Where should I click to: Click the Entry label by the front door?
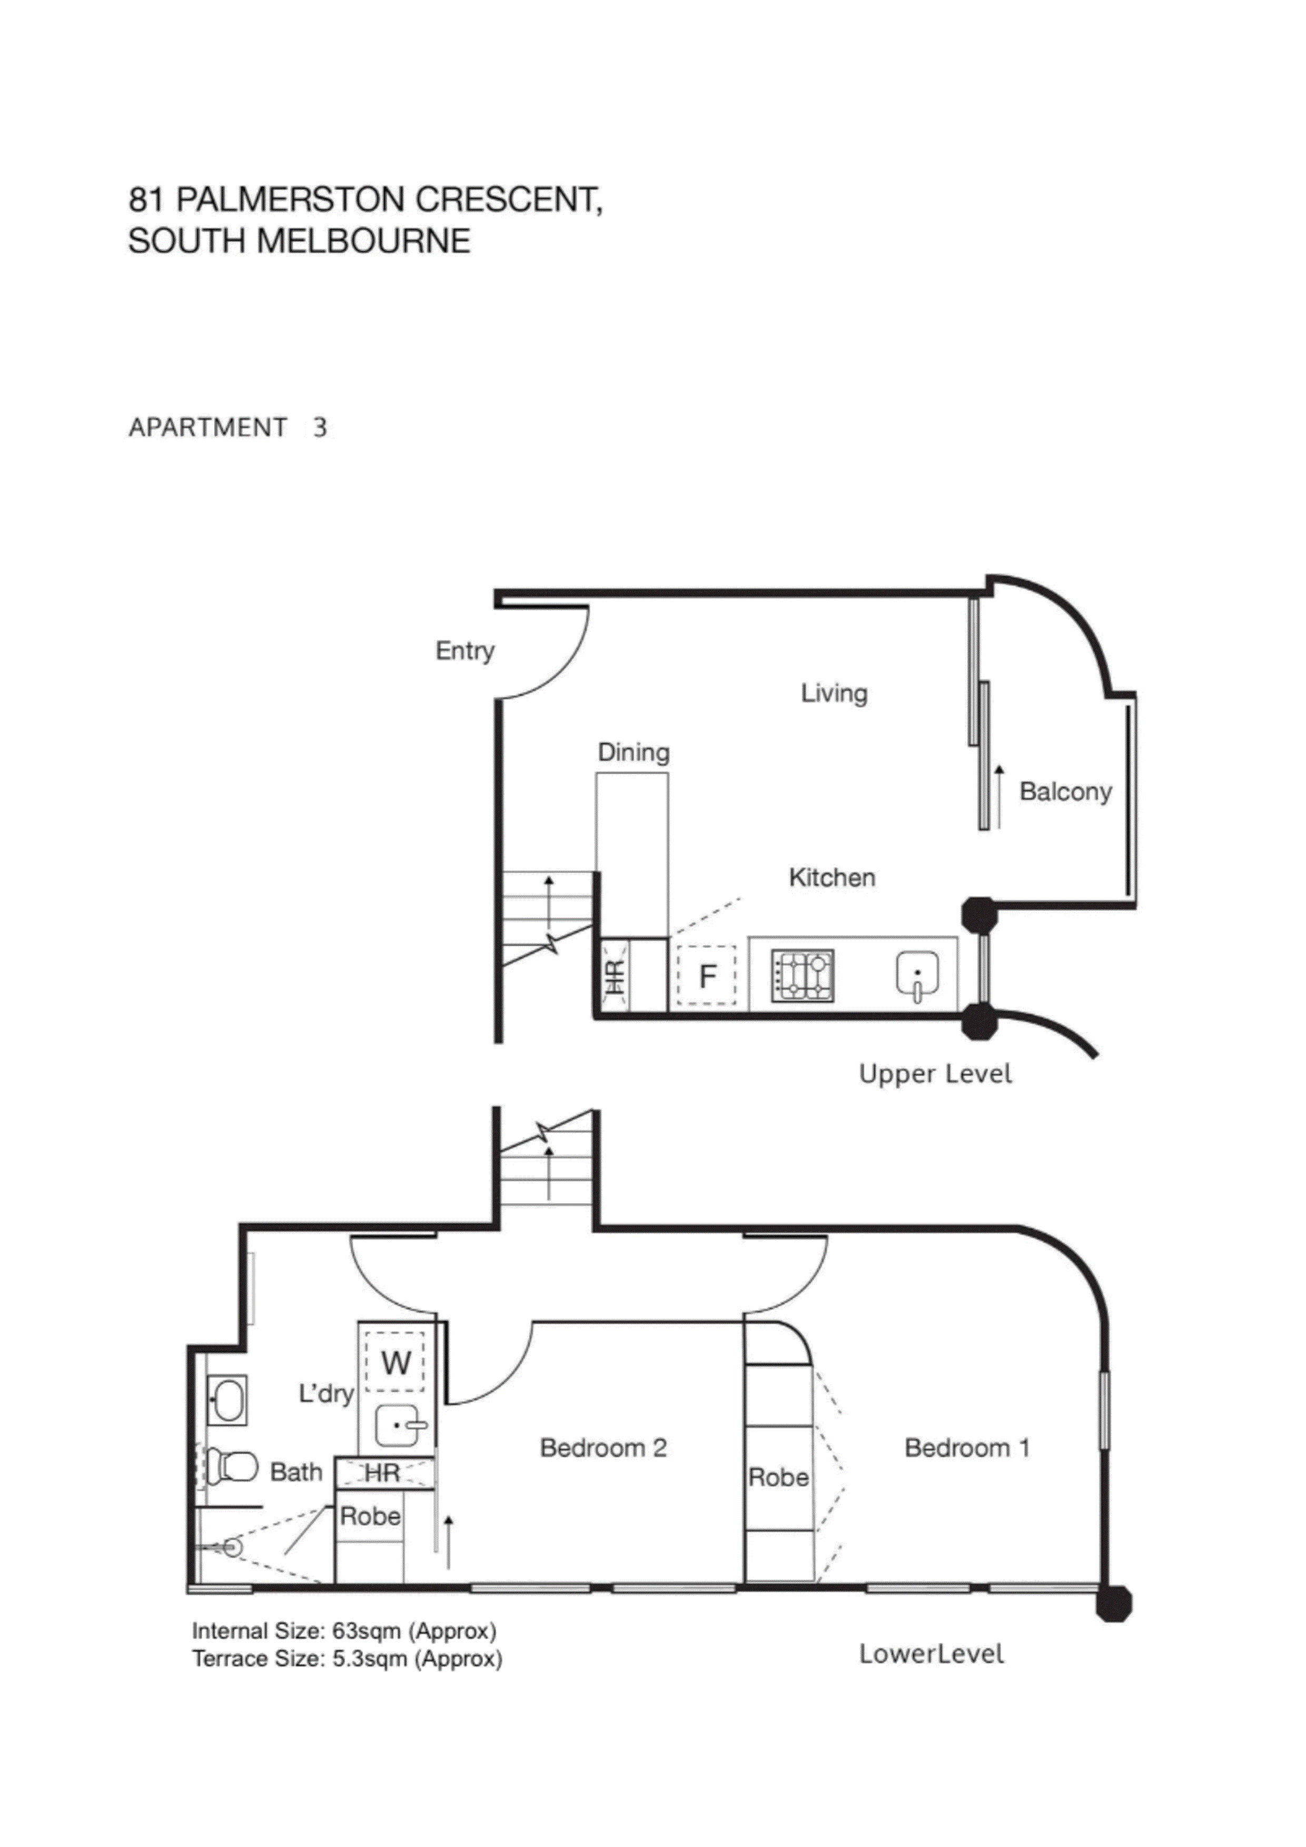pyautogui.click(x=464, y=651)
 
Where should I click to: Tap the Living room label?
pyautogui.click(x=834, y=693)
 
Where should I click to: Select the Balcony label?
pyautogui.click(x=1065, y=791)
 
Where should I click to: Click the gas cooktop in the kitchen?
pyautogui.click(x=802, y=977)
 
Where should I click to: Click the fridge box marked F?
pyautogui.click(x=707, y=976)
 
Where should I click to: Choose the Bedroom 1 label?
pyautogui.click(x=966, y=1448)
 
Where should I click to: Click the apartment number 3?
pyautogui.click(x=320, y=428)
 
